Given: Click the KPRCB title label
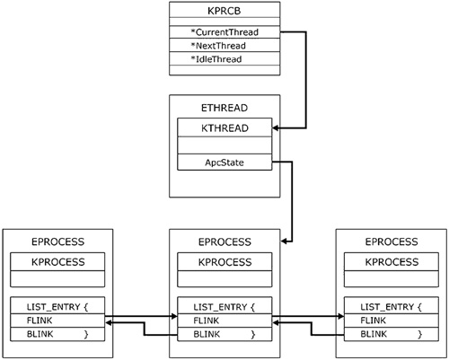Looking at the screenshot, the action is coord(224,11).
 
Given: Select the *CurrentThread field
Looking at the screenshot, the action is coord(224,32).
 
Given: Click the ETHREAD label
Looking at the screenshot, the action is coord(224,108).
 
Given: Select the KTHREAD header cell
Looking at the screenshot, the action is coord(224,127).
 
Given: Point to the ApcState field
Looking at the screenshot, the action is coord(224,162).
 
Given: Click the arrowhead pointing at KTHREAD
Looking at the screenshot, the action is coord(276,128).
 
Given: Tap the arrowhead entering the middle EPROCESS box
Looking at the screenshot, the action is coord(285,241).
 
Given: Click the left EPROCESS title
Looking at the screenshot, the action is coord(58,241).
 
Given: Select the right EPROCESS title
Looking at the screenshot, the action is coord(392,241).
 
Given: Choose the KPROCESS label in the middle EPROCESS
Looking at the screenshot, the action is coord(224,262).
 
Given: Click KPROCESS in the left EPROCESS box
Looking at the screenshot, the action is coord(58,262).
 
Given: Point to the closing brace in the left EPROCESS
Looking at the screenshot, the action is coord(86,334).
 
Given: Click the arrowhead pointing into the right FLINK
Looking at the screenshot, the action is coord(340,316).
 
